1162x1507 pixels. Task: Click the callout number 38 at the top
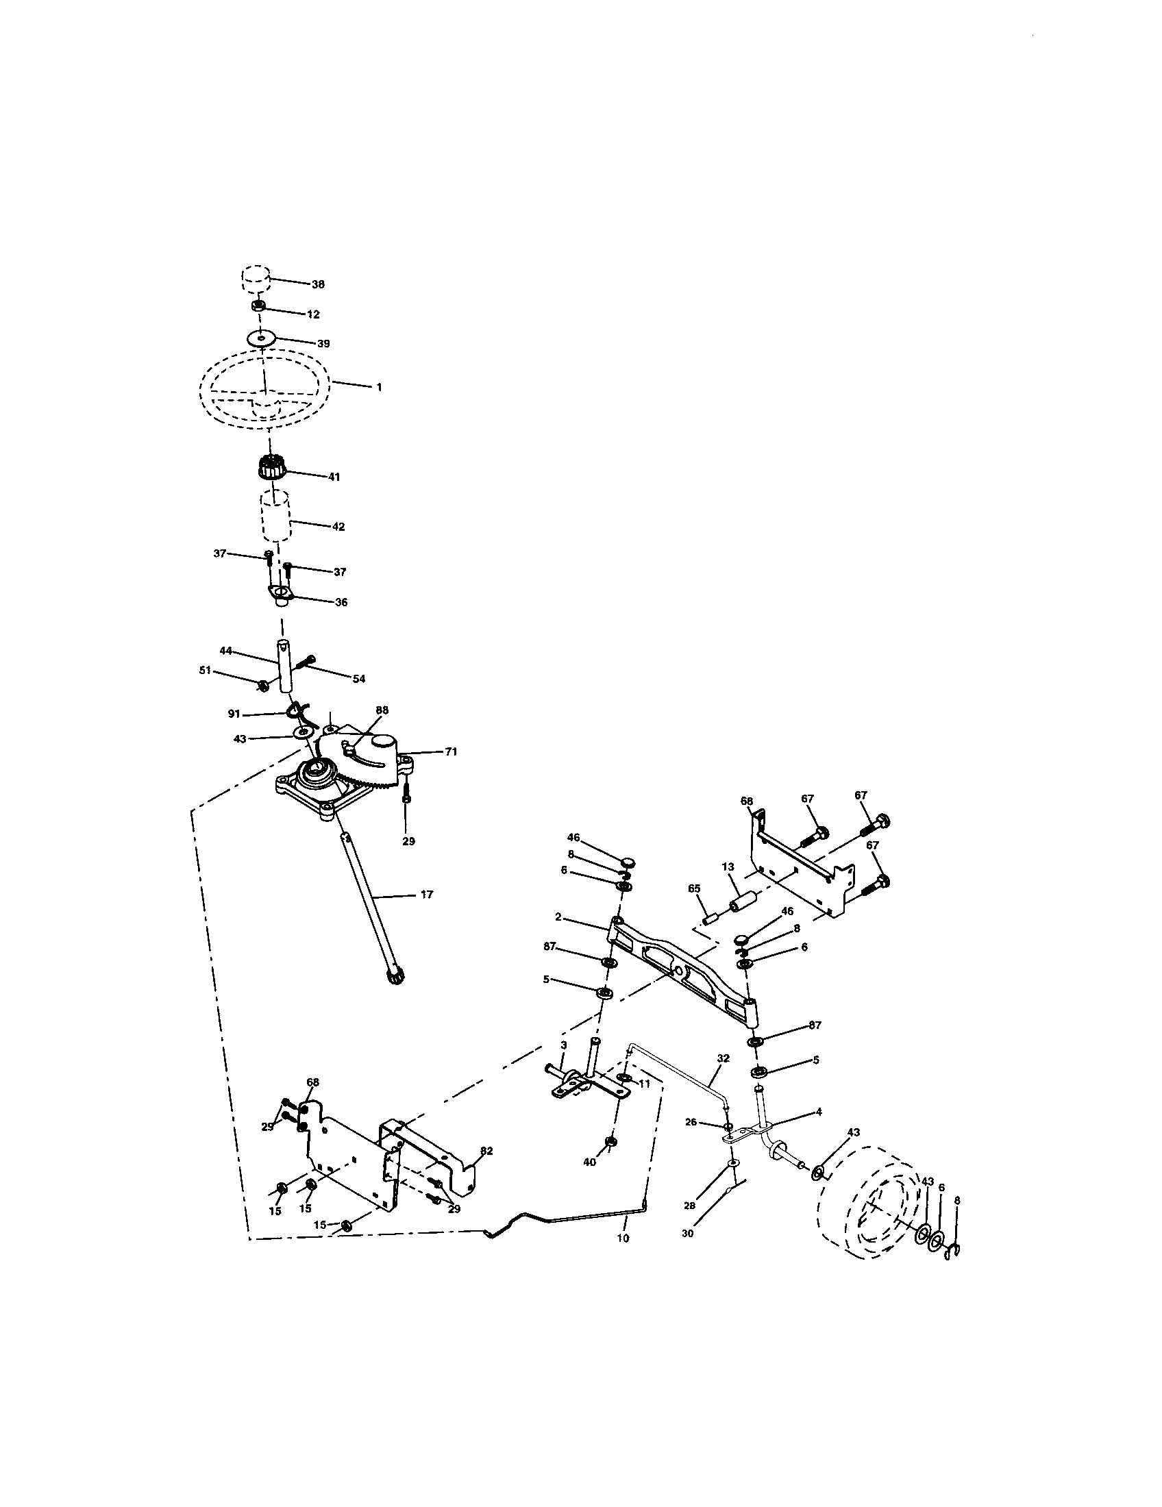(x=317, y=284)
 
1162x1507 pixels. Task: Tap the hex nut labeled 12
(x=258, y=306)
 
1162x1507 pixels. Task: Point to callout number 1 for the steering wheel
(x=378, y=387)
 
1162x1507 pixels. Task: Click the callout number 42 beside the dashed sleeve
(x=337, y=527)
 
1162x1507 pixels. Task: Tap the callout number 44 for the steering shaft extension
(x=225, y=650)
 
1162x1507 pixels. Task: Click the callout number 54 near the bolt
(x=358, y=679)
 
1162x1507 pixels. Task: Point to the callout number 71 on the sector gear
(x=451, y=752)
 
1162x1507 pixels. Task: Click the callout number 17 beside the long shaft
(x=425, y=895)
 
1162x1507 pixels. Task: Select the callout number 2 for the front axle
(x=558, y=917)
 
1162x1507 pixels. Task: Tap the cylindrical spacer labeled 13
(x=745, y=903)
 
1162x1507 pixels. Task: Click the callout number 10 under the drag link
(x=622, y=1238)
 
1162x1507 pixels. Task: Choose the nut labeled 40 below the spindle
(x=610, y=1143)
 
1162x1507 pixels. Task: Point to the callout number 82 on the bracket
(x=486, y=1150)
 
